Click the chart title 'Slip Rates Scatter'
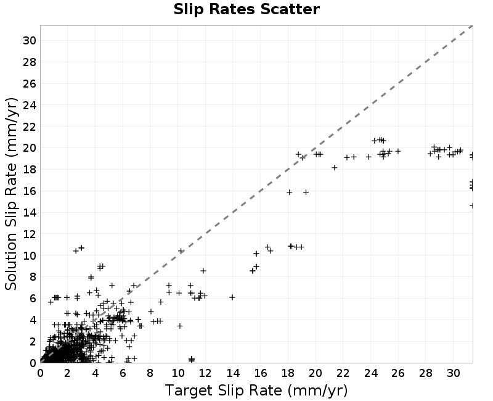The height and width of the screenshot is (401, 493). pyautogui.click(x=246, y=9)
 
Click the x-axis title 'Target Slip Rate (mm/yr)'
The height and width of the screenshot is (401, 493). pyautogui.click(x=256, y=391)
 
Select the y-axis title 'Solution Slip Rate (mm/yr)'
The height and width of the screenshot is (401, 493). pyautogui.click(x=11, y=194)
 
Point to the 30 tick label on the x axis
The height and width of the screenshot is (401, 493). pyautogui.click(x=454, y=373)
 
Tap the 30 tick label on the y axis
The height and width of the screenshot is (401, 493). pyautogui.click(x=29, y=40)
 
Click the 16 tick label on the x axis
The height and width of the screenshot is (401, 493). pyautogui.click(x=260, y=373)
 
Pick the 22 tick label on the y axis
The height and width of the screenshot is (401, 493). pyautogui.click(x=29, y=126)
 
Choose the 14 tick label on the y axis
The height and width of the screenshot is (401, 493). pyautogui.click(x=29, y=212)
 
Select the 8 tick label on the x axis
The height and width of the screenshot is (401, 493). pyautogui.click(x=150, y=373)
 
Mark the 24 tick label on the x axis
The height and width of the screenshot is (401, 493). pyautogui.click(x=371, y=373)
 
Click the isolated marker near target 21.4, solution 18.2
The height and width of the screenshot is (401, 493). pyautogui.click(x=335, y=168)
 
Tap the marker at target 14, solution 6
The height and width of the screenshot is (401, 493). pyautogui.click(x=232, y=297)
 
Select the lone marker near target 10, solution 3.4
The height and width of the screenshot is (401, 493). pyautogui.click(x=180, y=326)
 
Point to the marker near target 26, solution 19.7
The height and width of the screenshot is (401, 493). pyautogui.click(x=398, y=151)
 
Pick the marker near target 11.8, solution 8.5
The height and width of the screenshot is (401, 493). pyautogui.click(x=203, y=271)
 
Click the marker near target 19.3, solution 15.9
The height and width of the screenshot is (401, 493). pyautogui.click(x=306, y=192)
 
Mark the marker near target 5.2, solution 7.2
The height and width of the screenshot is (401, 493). pyautogui.click(x=112, y=286)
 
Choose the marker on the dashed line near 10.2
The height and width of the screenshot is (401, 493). pyautogui.click(x=181, y=251)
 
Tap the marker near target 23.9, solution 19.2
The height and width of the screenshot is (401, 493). pyautogui.click(x=369, y=157)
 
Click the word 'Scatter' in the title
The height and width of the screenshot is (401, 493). pyautogui.click(x=290, y=9)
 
